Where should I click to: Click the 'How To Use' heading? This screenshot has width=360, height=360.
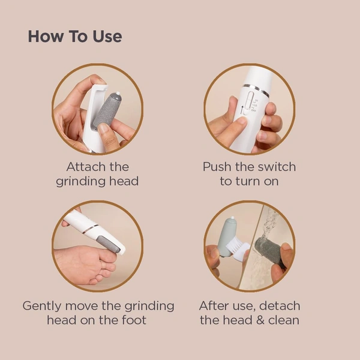click(74, 36)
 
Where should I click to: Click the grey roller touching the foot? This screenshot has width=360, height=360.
click(110, 244)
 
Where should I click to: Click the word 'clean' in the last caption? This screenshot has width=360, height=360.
click(283, 320)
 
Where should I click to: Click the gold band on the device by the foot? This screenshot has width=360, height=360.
click(89, 229)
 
